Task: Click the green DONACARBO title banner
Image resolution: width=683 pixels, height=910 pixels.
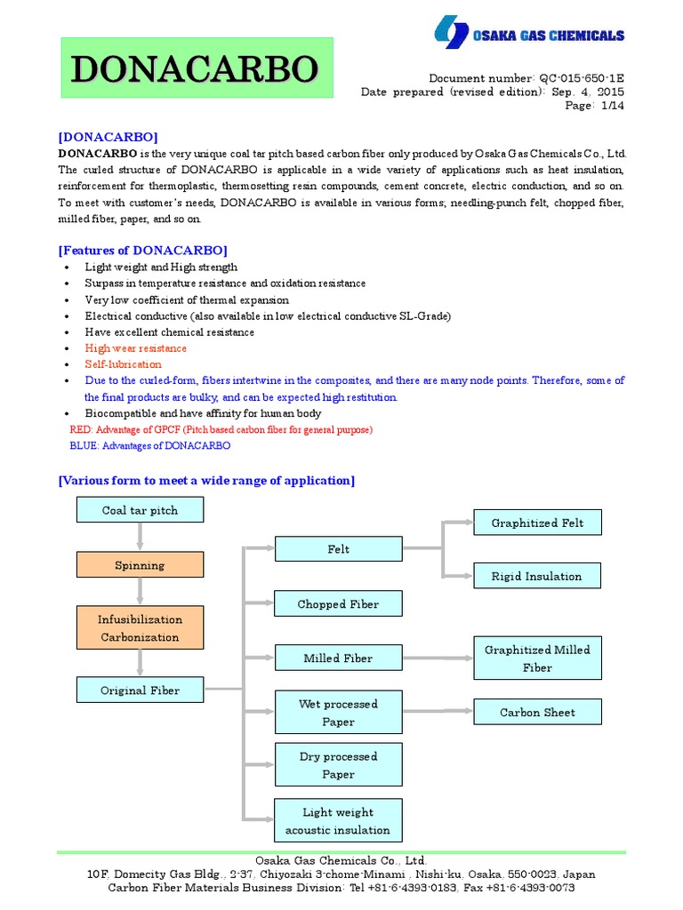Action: pos(196,68)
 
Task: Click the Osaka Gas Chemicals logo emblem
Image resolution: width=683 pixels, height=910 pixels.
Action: pos(451,34)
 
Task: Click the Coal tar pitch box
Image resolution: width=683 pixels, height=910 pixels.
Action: pos(140,510)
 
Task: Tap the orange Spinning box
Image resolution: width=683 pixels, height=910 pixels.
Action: pos(140,565)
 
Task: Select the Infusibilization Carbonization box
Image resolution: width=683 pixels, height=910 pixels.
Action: pos(140,628)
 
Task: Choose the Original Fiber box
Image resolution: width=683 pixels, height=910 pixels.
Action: pos(140,690)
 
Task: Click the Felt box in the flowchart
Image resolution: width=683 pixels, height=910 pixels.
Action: pos(338,549)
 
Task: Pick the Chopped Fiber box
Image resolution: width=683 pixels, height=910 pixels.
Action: pos(338,604)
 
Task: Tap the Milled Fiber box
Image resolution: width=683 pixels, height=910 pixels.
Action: pos(338,659)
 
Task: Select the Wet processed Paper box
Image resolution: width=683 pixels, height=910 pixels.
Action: pos(338,713)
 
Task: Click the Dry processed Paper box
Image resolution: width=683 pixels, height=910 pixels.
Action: pos(338,765)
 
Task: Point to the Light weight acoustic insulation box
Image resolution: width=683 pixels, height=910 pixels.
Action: pos(338,821)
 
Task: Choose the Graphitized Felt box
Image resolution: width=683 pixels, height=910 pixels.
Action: pos(537,523)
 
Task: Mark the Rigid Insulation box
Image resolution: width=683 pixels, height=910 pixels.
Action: pos(537,576)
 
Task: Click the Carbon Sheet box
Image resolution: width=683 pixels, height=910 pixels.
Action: pos(537,712)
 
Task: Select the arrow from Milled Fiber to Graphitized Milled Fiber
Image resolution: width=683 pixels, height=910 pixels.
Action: pos(438,659)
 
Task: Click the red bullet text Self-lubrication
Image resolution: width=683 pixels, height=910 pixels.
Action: pos(124,364)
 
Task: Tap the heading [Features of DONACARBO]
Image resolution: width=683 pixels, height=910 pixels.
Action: pos(142,250)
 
